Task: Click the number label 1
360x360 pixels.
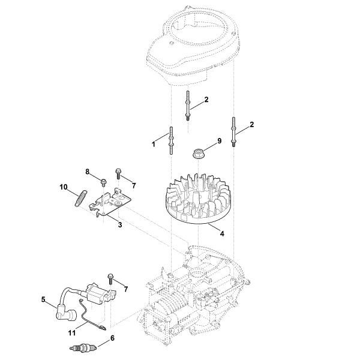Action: [x=154, y=144]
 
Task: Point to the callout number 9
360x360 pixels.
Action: [x=219, y=142]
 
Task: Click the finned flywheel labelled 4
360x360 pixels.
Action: [x=197, y=200]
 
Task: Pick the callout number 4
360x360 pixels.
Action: [x=222, y=234]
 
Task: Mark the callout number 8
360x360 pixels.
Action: [x=88, y=172]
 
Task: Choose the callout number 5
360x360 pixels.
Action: [x=43, y=299]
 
